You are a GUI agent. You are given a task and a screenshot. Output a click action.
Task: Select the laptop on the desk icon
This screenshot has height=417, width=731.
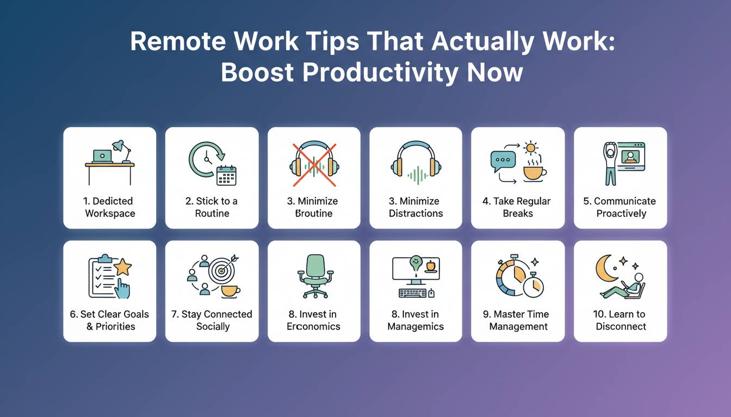click(x=102, y=156)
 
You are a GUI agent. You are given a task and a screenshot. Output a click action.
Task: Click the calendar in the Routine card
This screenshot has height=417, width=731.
click(x=226, y=175)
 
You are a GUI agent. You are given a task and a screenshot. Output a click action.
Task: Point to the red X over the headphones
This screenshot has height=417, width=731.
click(x=314, y=165)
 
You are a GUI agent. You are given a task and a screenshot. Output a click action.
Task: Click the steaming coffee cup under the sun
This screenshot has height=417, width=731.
click(x=535, y=171)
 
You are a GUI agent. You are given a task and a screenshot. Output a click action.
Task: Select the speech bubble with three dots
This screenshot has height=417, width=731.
click(x=503, y=161)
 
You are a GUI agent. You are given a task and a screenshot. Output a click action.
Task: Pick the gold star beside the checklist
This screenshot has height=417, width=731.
click(x=123, y=267)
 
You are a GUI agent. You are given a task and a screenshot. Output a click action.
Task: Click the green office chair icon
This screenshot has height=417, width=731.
click(x=315, y=276)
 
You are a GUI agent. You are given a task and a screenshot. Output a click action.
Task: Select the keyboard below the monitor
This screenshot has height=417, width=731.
click(x=412, y=293)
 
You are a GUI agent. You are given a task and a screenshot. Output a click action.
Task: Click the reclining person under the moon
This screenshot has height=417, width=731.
click(x=623, y=286)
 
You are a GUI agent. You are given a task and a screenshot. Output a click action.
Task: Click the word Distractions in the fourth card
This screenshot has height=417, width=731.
click(x=416, y=213)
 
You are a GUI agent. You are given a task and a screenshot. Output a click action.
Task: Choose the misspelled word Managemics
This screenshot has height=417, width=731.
click(x=416, y=326)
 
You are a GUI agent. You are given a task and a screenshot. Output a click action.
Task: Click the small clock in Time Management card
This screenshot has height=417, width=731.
click(x=533, y=285)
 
